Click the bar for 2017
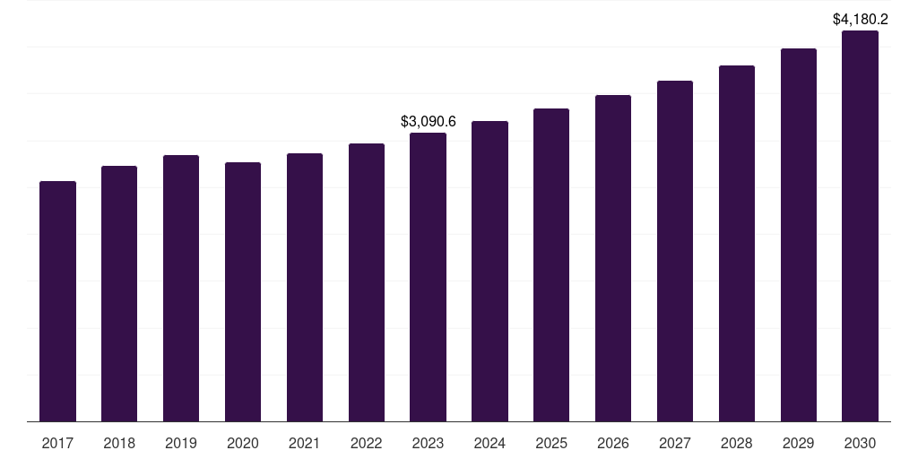click(57, 301)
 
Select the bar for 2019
click(181, 288)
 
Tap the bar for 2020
click(243, 291)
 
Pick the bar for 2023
click(428, 277)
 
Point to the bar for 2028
click(737, 243)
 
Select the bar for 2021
click(305, 287)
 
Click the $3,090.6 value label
click(428, 121)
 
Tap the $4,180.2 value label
click(860, 19)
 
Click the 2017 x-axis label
click(57, 443)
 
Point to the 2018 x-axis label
click(119, 443)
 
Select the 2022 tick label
click(366, 443)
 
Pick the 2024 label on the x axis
click(489, 443)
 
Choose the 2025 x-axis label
click(551, 443)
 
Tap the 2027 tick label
click(675, 443)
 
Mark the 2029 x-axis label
click(799, 443)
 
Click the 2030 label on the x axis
click(860, 443)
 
